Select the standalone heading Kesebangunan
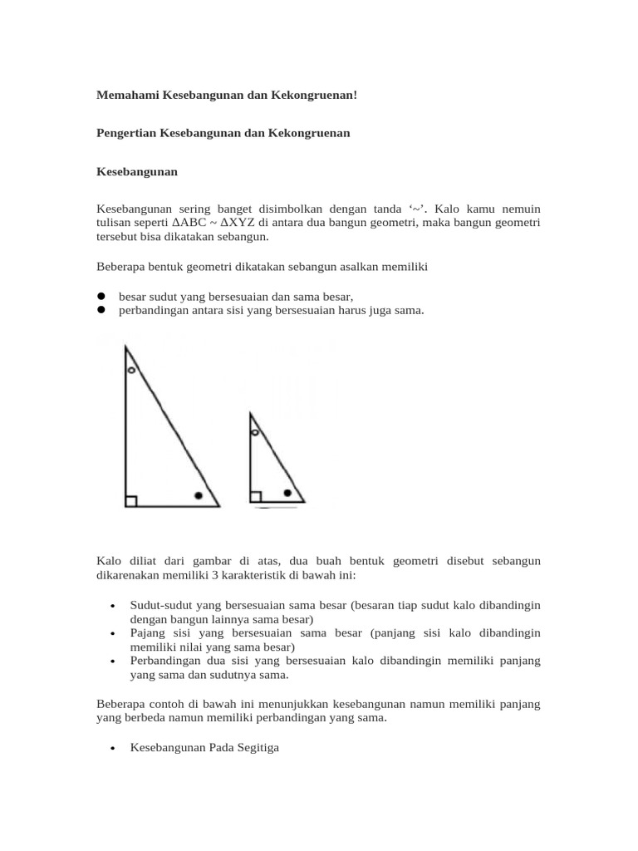click(137, 172)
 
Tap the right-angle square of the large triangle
click(130, 500)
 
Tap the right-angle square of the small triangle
click(255, 497)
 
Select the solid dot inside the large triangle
click(198, 496)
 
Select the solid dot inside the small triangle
click(287, 493)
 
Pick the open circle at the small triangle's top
click(255, 433)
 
